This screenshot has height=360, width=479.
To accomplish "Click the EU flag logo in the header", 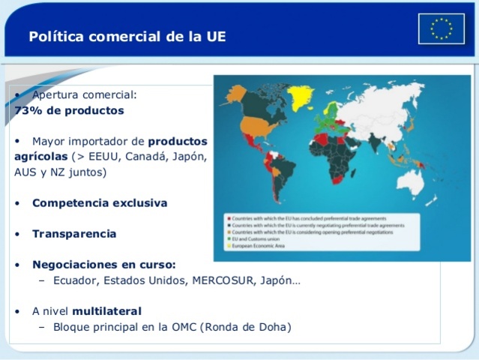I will click(x=442, y=28).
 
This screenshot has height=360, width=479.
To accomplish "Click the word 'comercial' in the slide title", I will click(x=121, y=36).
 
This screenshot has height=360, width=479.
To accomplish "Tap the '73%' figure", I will click(x=28, y=109).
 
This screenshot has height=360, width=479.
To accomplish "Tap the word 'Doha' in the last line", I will click(x=272, y=327).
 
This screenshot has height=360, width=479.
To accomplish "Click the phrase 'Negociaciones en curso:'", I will click(x=103, y=264).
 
